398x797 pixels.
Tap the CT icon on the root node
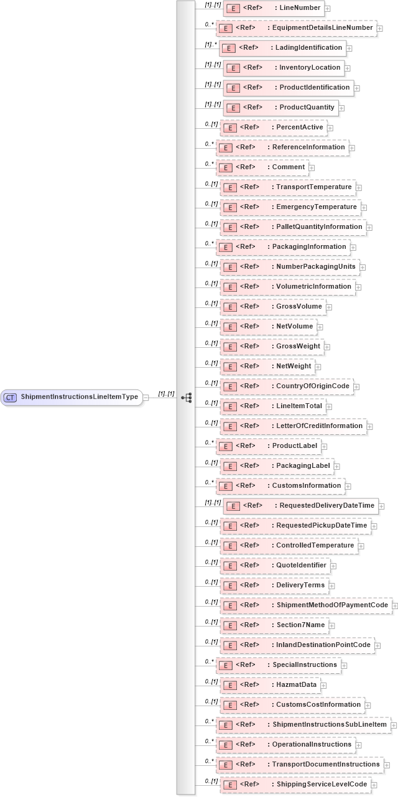tap(11, 397)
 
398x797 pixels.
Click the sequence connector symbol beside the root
tap(186, 397)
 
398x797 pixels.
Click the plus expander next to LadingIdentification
tap(349, 48)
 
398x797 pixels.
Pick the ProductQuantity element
tap(280, 108)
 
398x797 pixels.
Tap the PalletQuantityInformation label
tap(319, 227)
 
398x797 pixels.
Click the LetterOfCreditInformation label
tap(319, 426)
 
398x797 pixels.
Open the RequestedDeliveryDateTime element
tap(300, 506)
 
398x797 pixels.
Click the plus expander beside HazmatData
tap(323, 685)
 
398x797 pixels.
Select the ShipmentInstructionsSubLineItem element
tap(303, 725)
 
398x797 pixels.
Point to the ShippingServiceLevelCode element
tap(295, 785)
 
